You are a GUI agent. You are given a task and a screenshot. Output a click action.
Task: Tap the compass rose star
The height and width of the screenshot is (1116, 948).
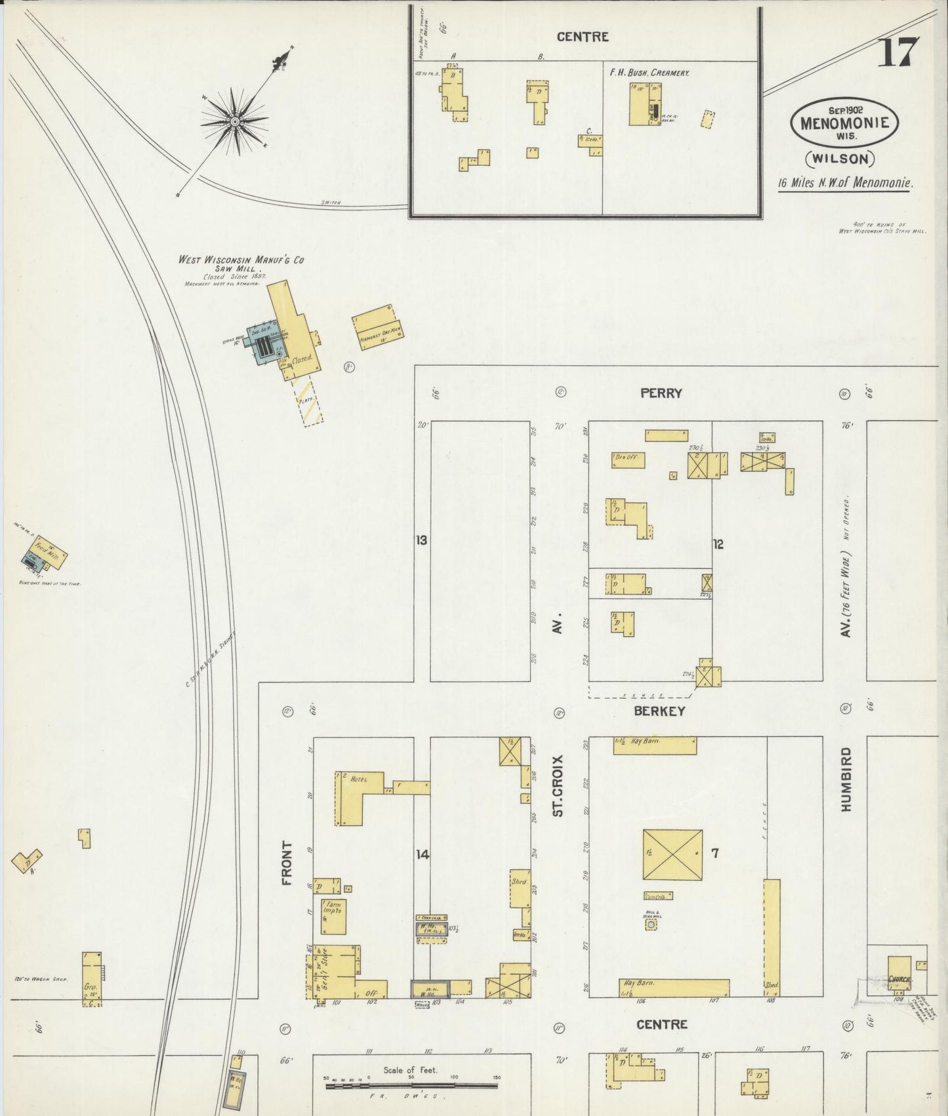[234, 121]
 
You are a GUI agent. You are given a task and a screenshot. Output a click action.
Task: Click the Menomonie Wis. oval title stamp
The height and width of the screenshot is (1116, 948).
[844, 123]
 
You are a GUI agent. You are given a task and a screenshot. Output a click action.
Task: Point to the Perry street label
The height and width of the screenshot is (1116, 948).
[661, 393]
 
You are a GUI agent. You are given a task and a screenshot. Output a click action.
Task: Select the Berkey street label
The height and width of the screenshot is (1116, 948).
[659, 711]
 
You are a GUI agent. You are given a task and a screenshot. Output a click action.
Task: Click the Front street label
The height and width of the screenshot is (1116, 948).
[287, 864]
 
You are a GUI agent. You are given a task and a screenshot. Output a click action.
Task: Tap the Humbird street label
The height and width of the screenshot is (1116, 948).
[846, 779]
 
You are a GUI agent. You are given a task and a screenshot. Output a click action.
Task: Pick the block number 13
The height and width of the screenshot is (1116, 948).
[421, 540]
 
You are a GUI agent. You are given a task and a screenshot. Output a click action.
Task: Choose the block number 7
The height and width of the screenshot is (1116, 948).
[715, 853]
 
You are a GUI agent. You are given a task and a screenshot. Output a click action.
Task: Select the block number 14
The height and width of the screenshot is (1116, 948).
[422, 854]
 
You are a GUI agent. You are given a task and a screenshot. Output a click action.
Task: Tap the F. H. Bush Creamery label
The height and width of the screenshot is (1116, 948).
[649, 73]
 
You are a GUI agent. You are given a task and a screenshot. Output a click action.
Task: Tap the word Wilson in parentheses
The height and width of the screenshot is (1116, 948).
[840, 158]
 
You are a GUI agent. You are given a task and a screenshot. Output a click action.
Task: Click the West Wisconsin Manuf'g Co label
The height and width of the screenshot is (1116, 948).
[241, 260]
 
